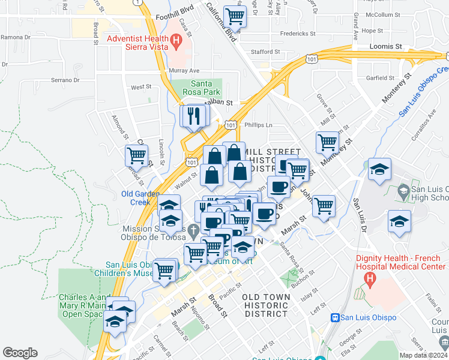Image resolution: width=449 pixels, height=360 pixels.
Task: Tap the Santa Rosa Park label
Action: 206,88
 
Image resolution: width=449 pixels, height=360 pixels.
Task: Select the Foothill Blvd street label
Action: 175,17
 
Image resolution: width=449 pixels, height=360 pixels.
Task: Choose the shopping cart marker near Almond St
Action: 137,155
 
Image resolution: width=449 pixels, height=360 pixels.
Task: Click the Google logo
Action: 20,353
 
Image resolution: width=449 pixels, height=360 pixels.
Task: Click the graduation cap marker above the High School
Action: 380,169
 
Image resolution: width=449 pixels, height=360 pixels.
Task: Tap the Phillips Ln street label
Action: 259,125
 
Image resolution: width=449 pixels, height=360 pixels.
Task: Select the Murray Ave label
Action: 184,71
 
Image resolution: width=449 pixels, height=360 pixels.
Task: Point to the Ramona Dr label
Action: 16,37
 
